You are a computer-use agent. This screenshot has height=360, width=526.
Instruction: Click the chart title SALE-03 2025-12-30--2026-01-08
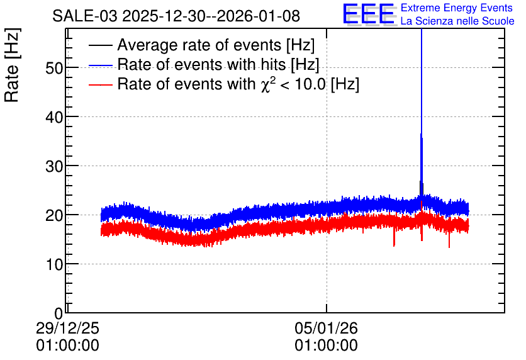(x=176, y=16)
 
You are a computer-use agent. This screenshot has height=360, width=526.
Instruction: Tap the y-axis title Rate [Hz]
(x=12, y=65)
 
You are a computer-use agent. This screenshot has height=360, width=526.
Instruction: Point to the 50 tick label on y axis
(x=54, y=68)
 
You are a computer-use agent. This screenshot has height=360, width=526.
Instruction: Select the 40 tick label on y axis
(x=54, y=118)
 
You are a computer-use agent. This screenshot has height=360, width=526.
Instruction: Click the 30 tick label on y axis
(x=54, y=166)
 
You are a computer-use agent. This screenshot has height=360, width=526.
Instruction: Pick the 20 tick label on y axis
(x=54, y=215)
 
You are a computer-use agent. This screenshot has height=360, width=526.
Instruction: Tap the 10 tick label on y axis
(x=54, y=265)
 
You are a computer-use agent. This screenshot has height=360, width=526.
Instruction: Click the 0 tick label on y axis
(x=59, y=313)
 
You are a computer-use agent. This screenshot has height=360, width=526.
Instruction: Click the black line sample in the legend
(x=100, y=45)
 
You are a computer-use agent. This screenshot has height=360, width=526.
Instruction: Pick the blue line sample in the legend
(x=100, y=65)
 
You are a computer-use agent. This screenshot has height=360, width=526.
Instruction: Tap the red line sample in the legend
(x=100, y=84)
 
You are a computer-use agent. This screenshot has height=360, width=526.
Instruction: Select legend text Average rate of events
(x=199, y=45)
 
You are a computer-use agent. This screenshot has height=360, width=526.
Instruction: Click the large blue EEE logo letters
(x=368, y=14)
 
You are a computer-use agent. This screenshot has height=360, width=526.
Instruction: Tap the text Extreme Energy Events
(x=457, y=8)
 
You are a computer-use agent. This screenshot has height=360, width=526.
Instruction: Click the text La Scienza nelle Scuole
(x=457, y=21)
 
